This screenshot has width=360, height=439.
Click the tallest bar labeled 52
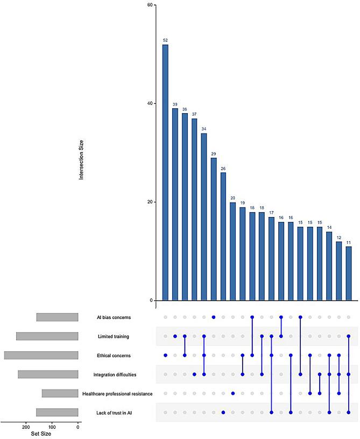coord(165,172)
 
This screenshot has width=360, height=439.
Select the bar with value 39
coord(175,204)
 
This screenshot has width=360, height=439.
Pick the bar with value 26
coord(223,236)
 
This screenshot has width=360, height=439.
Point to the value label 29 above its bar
coord(214,154)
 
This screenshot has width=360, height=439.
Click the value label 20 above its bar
coord(232,198)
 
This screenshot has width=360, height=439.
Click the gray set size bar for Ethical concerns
coord(41,356)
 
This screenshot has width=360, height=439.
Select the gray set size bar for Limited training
coord(47,337)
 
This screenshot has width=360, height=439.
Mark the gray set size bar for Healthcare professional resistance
coord(60,393)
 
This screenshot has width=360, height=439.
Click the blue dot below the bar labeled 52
coord(165,356)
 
